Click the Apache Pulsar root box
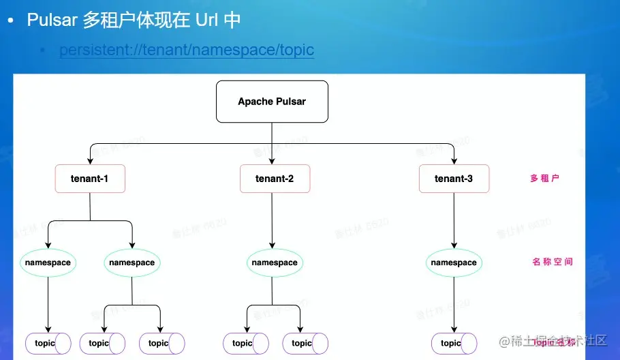[272, 102]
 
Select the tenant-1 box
[90, 179]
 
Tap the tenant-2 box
[275, 179]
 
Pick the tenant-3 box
[454, 179]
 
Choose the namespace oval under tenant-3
[454, 262]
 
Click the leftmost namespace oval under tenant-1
[48, 262]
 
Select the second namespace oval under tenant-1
[131, 262]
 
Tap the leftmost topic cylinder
[48, 343]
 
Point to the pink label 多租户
[544, 179]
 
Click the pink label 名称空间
[552, 262]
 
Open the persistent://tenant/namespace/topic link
[187, 50]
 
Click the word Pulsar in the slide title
[52, 20]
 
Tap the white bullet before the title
[10, 21]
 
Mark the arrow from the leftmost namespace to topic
[48, 303]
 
